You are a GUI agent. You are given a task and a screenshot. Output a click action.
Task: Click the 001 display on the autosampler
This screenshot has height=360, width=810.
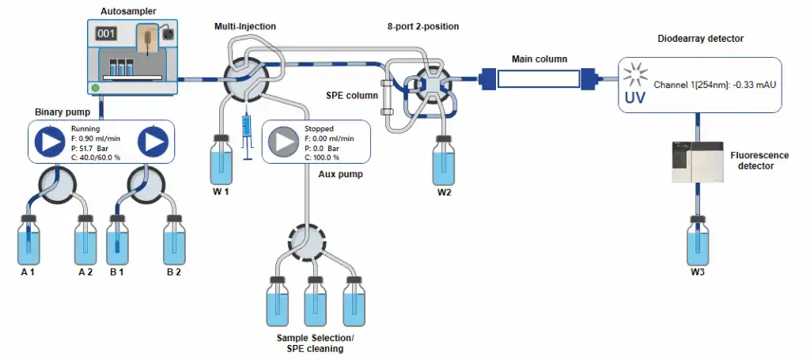coord(106,34)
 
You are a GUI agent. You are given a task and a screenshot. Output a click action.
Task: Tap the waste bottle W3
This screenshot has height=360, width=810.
coord(697,241)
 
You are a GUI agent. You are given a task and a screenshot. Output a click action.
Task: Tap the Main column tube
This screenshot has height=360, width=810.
coord(538,78)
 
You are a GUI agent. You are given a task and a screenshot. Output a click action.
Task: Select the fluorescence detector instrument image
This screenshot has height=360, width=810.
coord(696,163)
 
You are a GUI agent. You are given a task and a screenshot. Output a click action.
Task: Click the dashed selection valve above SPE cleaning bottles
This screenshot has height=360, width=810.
coord(307,238)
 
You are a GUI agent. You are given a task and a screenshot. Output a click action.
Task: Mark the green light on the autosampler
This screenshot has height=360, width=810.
coord(96,87)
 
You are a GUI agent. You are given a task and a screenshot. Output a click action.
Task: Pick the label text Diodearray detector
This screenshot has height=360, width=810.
coord(701,39)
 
